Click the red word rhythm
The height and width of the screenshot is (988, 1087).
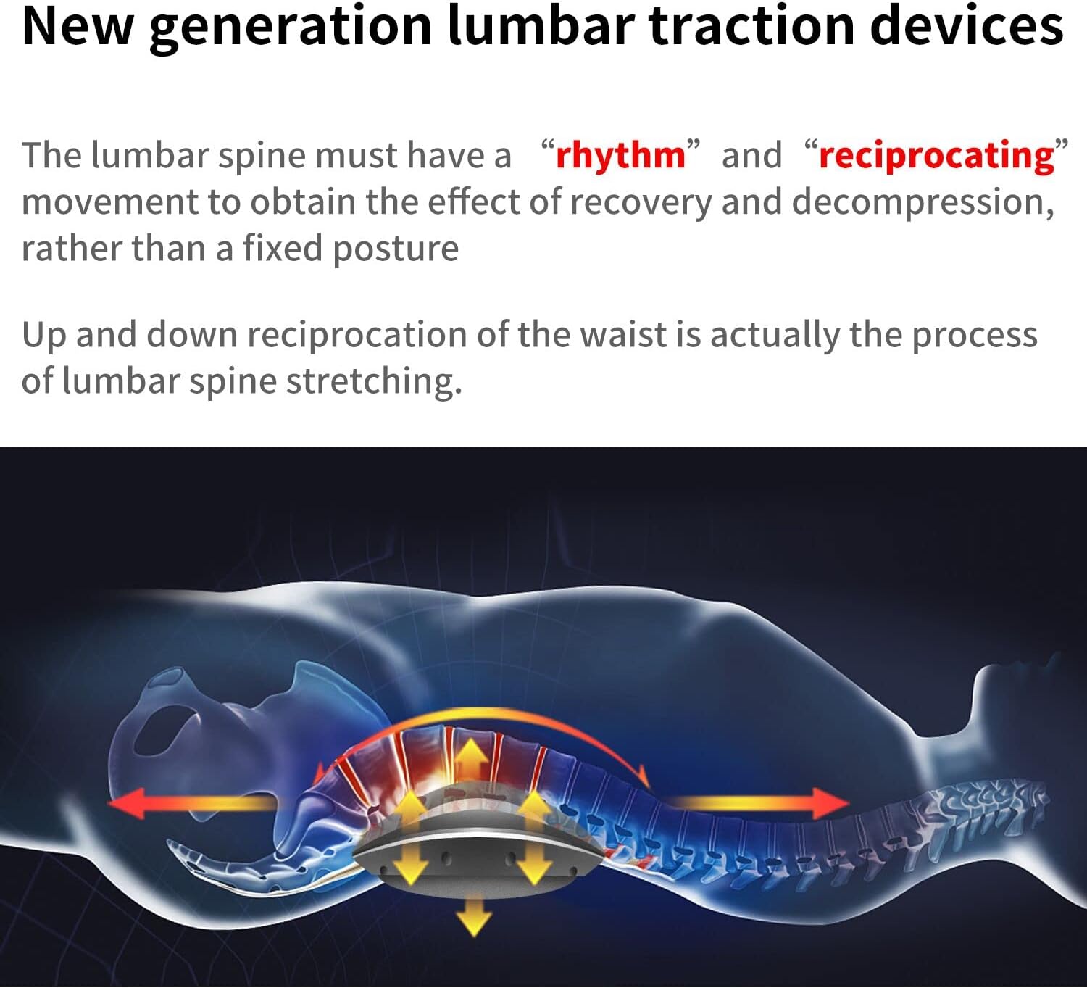click(620, 156)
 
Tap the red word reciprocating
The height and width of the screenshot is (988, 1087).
click(936, 156)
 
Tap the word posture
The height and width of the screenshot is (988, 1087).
click(395, 249)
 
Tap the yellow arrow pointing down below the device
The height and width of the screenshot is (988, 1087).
click(474, 916)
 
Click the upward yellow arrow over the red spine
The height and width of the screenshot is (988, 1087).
click(472, 761)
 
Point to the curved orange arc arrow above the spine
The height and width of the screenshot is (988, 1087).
click(507, 718)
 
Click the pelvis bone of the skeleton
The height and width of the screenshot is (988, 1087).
click(217, 718)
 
